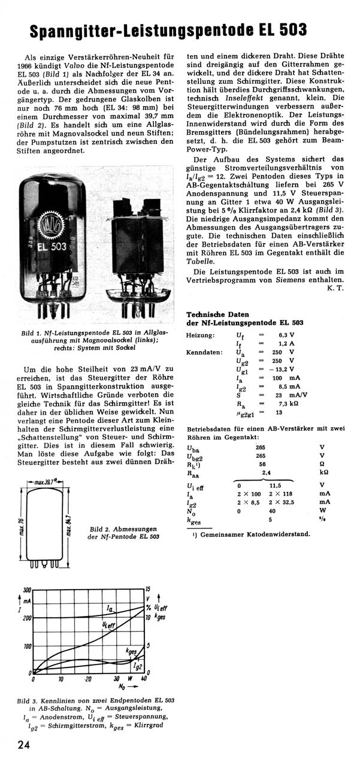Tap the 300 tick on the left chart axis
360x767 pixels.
pyautogui.click(x=26, y=590)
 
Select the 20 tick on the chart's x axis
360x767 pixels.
pyautogui.click(x=88, y=680)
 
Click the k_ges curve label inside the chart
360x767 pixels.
pyautogui.click(x=131, y=651)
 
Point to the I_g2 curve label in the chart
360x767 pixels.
pyautogui.click(x=137, y=665)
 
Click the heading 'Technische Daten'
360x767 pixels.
pyautogui.click(x=216, y=314)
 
